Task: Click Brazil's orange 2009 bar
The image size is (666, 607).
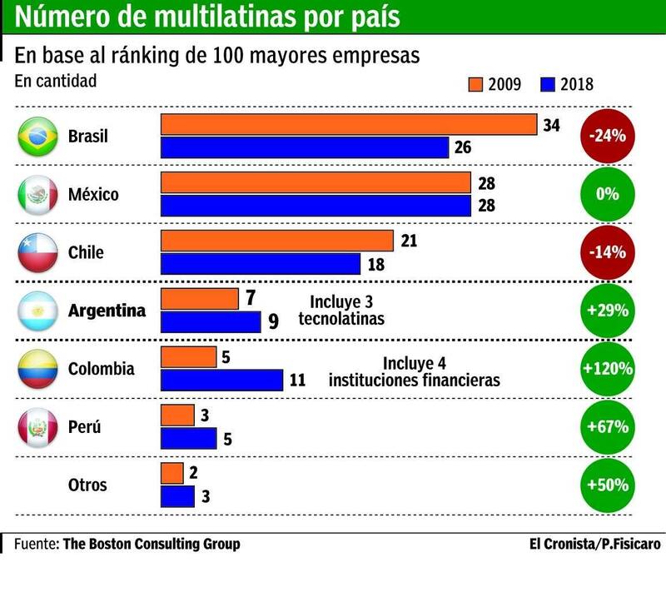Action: (x=348, y=125)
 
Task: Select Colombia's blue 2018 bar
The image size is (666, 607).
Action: (x=221, y=380)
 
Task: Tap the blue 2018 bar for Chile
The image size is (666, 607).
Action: (x=261, y=263)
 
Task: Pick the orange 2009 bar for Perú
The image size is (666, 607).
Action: (x=176, y=415)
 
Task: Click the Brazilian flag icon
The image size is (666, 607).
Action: (x=37, y=137)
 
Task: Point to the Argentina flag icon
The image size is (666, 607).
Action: (x=37, y=311)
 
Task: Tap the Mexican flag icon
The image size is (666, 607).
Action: (x=37, y=195)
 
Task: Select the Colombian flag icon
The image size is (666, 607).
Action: (x=37, y=370)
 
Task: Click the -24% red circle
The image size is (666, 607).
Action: (x=606, y=136)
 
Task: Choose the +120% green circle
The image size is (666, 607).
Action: (x=606, y=369)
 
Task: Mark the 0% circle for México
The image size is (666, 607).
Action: (x=606, y=194)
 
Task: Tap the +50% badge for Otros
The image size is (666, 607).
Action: (x=606, y=485)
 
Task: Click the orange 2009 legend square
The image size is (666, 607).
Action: (x=476, y=83)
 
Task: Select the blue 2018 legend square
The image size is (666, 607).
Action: (x=548, y=83)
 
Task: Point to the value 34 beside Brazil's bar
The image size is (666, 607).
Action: (x=551, y=126)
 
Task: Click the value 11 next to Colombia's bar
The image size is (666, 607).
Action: (x=298, y=381)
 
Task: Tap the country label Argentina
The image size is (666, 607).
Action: (x=107, y=311)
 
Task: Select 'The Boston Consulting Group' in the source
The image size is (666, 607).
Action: (x=152, y=544)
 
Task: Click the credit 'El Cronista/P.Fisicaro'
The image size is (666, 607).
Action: (x=594, y=544)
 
